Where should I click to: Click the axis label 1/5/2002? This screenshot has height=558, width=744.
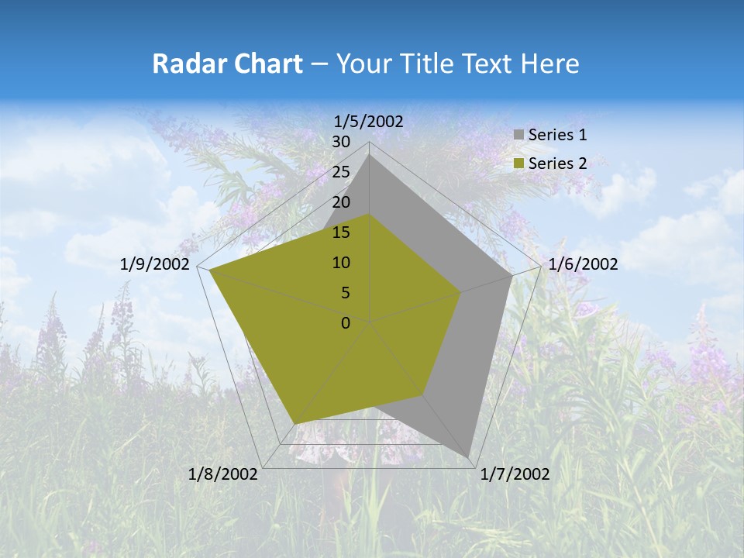369,121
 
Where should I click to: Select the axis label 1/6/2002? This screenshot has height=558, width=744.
583,264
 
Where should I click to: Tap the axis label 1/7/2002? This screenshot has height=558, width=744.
515,474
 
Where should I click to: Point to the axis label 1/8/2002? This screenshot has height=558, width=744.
223,474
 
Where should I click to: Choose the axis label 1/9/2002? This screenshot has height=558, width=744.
155,264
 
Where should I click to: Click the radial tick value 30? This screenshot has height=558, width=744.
341,142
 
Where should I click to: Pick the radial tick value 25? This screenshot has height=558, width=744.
341,172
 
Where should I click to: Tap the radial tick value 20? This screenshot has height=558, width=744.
341,202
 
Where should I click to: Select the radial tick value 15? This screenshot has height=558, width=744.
341,232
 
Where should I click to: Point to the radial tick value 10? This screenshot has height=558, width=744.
341,263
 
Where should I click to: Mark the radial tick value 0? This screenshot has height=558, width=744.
346,323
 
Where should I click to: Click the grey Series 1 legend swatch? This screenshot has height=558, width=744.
518,136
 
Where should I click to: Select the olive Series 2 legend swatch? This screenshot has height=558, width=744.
518,164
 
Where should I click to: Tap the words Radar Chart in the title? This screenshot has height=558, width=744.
227,64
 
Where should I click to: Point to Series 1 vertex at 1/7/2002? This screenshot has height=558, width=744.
470,456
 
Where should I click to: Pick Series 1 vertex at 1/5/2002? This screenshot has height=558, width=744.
370,154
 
